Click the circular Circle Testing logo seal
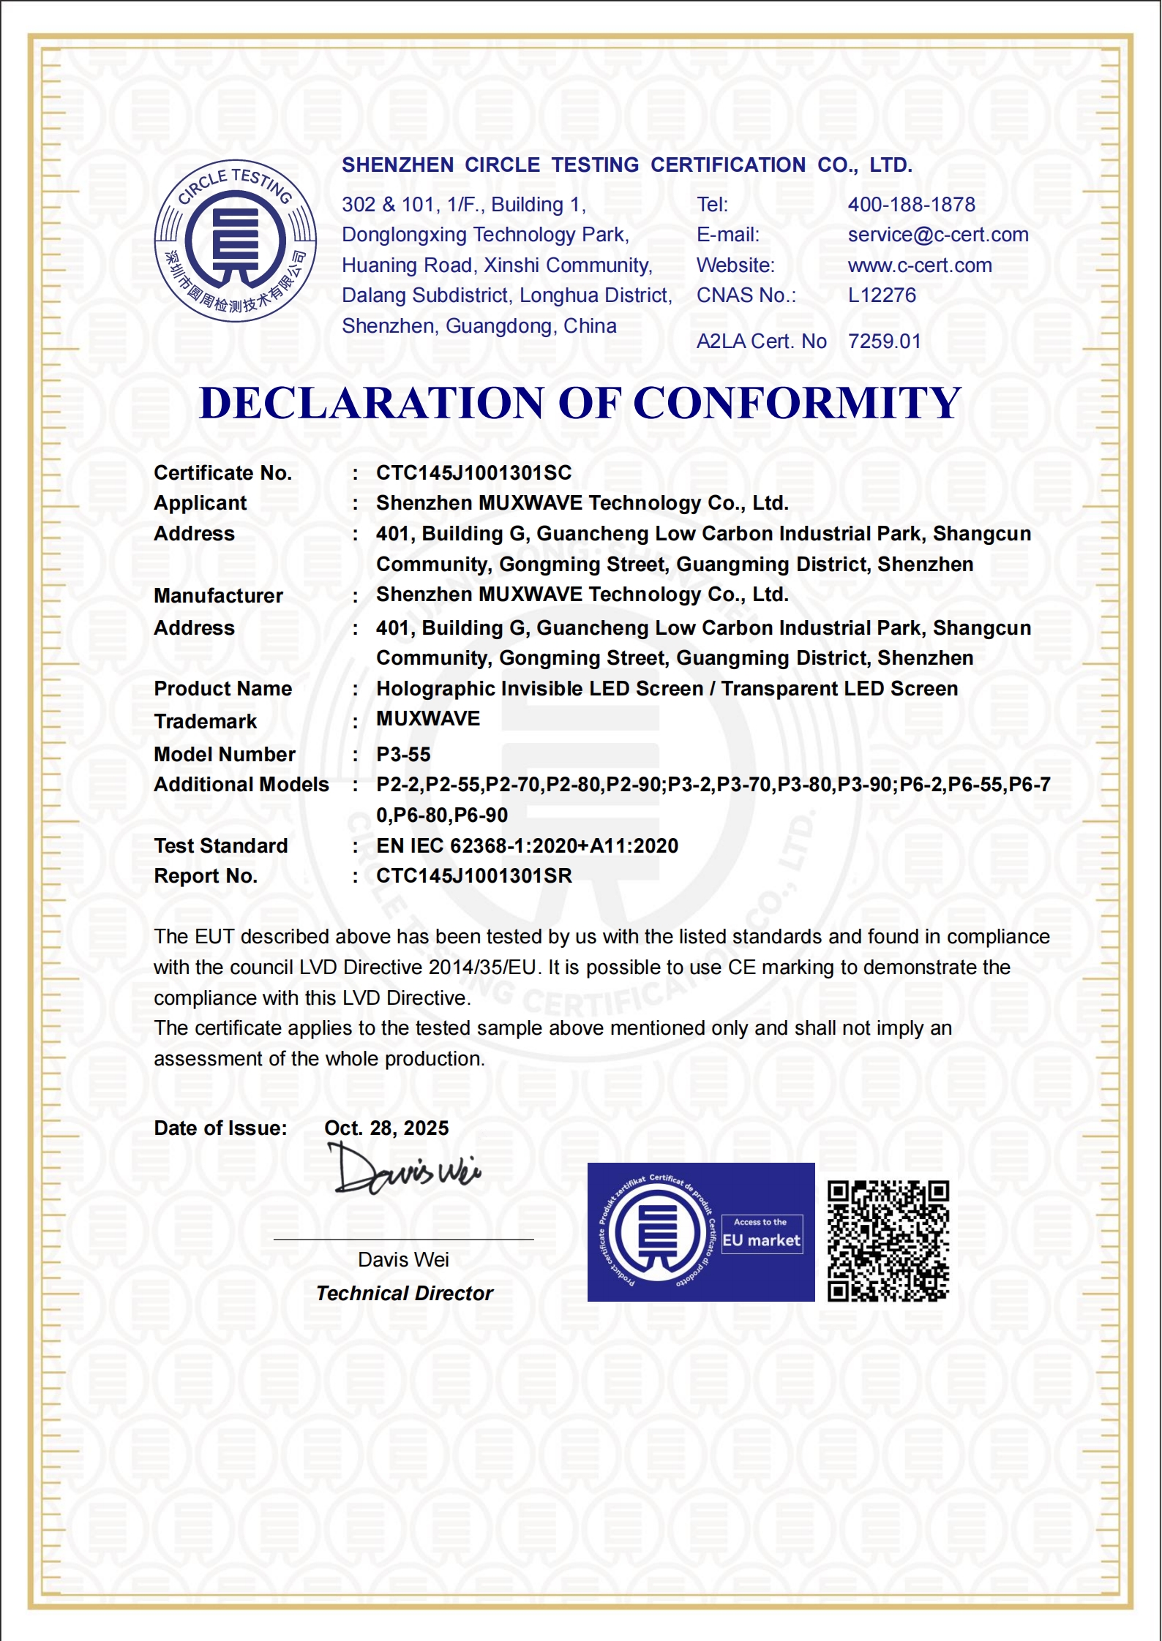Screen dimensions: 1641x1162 point(236,241)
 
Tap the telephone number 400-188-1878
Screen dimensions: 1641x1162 point(911,205)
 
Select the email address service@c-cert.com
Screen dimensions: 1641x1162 point(938,235)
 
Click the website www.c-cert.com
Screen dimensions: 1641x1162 point(920,265)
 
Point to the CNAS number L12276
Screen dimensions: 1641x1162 point(882,295)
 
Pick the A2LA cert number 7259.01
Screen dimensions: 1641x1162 point(884,342)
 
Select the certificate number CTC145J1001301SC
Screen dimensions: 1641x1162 point(473,473)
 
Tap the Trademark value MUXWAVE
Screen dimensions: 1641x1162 point(428,719)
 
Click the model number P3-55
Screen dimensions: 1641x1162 point(403,755)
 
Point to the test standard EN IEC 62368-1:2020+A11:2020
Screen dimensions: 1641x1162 point(527,846)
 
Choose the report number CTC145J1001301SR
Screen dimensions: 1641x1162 point(473,876)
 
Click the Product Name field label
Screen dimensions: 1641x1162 point(222,689)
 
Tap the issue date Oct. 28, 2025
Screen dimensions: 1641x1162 point(386,1128)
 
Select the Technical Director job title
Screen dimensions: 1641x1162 point(405,1294)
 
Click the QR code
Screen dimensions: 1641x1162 point(888,1241)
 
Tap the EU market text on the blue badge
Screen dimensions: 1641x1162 point(762,1240)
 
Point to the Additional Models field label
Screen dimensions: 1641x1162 point(241,785)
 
